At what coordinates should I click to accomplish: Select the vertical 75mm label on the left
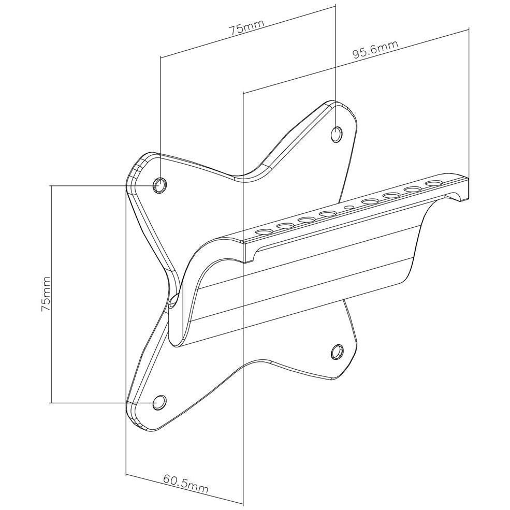click(x=46, y=295)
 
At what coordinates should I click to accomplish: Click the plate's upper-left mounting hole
click(x=159, y=185)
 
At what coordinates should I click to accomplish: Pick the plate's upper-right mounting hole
click(x=337, y=134)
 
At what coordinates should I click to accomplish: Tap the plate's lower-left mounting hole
click(x=159, y=402)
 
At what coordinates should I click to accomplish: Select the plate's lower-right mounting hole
click(x=337, y=352)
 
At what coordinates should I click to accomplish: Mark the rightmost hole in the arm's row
click(x=434, y=183)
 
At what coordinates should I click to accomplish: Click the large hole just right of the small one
click(x=371, y=201)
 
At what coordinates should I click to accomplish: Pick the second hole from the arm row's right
click(x=413, y=190)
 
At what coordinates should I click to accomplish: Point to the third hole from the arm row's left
click(x=307, y=220)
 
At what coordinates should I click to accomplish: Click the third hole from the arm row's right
click(x=392, y=195)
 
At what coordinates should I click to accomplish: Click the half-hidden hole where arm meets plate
click(x=173, y=301)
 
